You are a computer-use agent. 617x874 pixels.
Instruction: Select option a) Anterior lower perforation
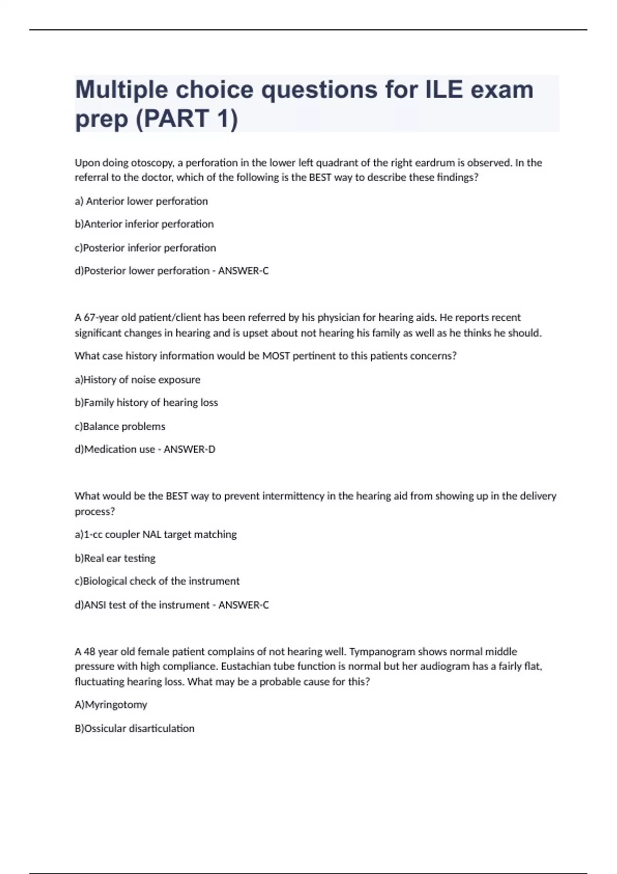pos(141,201)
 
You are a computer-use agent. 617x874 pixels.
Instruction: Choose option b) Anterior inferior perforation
pos(144,224)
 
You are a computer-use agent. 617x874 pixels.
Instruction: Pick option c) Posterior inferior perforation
pos(145,248)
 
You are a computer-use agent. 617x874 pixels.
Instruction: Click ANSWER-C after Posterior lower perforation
pos(243,271)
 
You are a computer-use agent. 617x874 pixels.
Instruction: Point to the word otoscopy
pos(152,163)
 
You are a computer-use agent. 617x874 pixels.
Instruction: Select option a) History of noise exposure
pos(137,380)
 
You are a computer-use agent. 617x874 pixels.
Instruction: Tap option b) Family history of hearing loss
pos(146,403)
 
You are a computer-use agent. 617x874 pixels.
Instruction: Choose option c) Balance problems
pos(120,426)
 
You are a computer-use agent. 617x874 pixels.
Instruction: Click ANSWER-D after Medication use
pos(189,449)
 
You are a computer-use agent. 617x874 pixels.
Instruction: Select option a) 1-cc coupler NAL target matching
pos(155,535)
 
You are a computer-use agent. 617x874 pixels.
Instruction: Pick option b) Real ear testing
pos(115,558)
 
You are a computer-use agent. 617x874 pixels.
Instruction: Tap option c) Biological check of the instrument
pos(157,581)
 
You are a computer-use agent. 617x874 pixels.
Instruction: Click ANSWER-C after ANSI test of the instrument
pos(243,605)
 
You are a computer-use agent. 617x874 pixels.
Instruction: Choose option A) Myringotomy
pos(111,705)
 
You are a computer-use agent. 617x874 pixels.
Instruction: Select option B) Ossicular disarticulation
pos(134,729)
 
